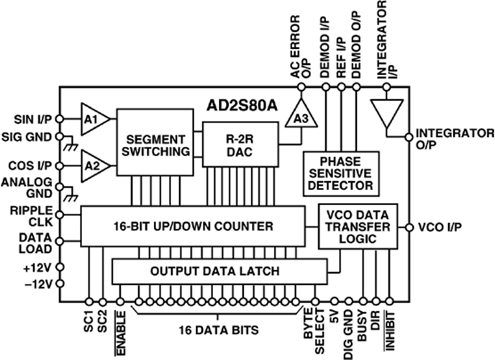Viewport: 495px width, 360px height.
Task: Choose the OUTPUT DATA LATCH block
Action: pyautogui.click(x=215, y=272)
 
